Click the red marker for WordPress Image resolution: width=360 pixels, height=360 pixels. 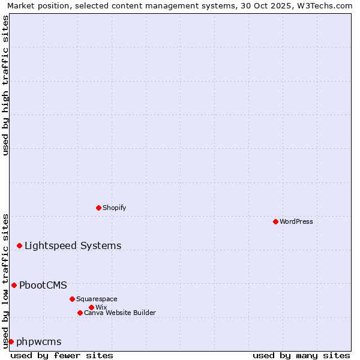tap(275, 221)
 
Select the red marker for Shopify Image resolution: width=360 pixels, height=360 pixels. tap(98, 208)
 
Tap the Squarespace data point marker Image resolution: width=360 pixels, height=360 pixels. tap(72, 299)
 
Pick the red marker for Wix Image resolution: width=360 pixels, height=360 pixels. tap(91, 307)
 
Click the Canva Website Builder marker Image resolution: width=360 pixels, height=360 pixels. tap(80, 313)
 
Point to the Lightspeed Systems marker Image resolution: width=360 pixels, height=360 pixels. tap(19, 245)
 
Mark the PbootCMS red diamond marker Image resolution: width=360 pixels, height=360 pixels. tap(14, 285)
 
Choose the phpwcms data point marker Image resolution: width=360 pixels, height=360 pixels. tap(11, 341)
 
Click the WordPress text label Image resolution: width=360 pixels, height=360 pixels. tap(296, 221)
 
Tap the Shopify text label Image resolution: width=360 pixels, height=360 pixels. tap(114, 208)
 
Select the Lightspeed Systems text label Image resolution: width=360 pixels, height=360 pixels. tap(73, 245)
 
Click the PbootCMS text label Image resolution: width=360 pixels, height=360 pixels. tap(43, 285)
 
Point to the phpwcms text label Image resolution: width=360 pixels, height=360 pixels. tap(39, 341)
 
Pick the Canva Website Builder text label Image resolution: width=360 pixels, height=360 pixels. tap(120, 313)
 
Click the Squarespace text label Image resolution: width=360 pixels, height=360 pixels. tap(97, 299)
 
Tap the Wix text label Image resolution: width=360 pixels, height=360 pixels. tap(101, 307)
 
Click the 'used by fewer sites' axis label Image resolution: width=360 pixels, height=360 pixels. tap(62, 355)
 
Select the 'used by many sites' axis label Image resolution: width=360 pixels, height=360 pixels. tap(301, 355)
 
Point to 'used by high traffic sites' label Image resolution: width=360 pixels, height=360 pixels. tap(5, 85)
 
